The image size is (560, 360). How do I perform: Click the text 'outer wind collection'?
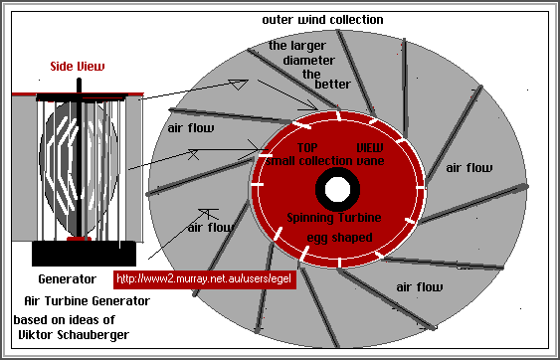click(x=321, y=20)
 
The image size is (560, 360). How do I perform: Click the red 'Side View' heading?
click(x=78, y=67)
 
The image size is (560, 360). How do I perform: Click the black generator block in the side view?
click(x=78, y=254)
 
